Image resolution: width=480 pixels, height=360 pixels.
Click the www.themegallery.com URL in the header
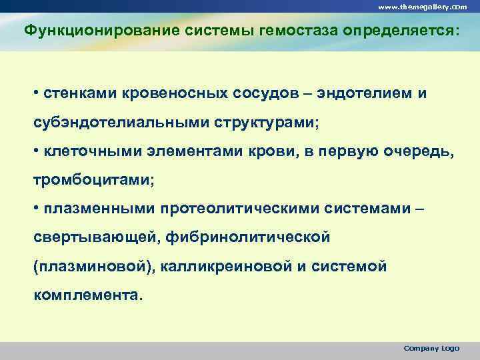422,6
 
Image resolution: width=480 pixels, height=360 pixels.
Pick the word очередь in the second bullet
416,152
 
